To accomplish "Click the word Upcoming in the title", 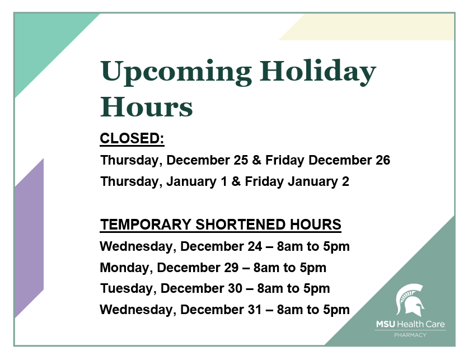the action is click(176, 73).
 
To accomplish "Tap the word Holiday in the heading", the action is click(317, 72).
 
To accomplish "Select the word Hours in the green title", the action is click(146, 107).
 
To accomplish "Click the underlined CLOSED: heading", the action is click(132, 138).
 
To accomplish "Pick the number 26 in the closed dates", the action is click(383, 160).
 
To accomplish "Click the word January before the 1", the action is click(191, 181).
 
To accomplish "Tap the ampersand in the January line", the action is click(236, 181).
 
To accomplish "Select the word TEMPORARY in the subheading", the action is click(146, 225).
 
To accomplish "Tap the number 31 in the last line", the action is click(255, 310).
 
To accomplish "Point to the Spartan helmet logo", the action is click(410, 300).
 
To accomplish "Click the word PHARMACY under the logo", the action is click(410, 335).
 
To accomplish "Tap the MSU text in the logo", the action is click(386, 324).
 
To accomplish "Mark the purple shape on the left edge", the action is click(29, 238).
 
